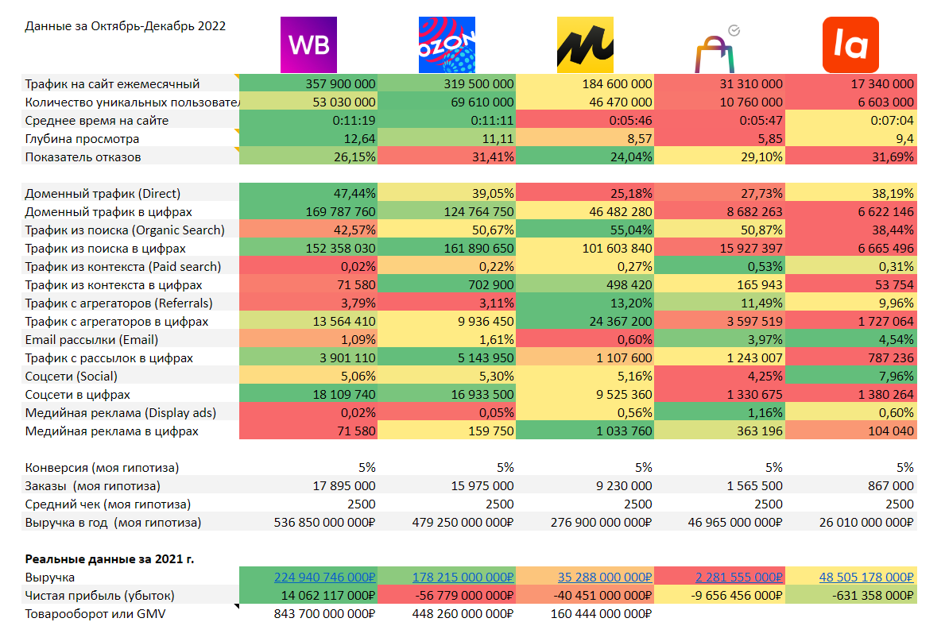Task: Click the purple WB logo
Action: (x=309, y=44)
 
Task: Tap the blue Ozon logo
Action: (x=446, y=44)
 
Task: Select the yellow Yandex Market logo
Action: (x=584, y=44)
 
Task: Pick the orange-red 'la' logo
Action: (x=850, y=44)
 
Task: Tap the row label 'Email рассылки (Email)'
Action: (x=91, y=339)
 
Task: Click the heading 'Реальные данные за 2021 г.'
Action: (x=110, y=558)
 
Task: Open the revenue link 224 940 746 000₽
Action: (x=324, y=577)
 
